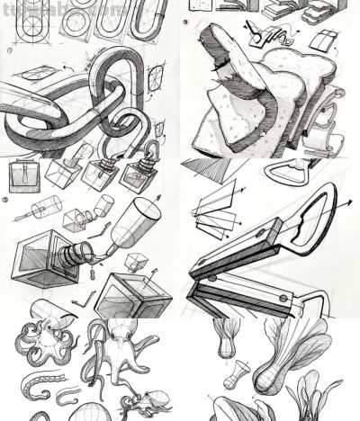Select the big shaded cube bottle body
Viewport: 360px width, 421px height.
40,265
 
